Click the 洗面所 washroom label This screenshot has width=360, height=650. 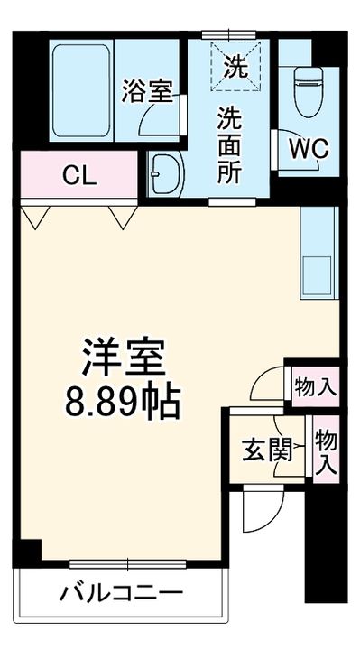[228, 145]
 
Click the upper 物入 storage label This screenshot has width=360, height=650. [315, 387]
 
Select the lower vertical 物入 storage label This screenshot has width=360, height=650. [326, 452]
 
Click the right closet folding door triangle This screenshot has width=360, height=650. [120, 217]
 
